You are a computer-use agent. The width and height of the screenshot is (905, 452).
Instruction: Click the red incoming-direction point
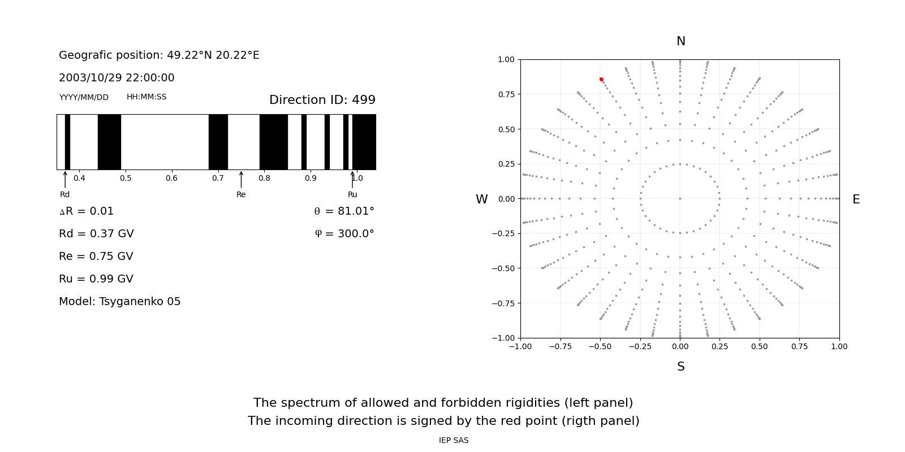[x=601, y=80]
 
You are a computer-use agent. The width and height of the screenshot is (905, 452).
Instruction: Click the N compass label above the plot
[x=681, y=41]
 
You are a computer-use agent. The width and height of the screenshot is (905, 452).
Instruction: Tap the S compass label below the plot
[x=681, y=367]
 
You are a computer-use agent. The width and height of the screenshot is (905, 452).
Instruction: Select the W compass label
[x=481, y=199]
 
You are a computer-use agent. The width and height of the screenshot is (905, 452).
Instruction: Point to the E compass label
[x=856, y=199]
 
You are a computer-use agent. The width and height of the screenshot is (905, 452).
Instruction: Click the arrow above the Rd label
[x=65, y=180]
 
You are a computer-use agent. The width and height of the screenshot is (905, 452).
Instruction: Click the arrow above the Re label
[x=241, y=180]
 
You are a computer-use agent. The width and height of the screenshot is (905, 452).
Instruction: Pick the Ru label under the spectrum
[x=352, y=194]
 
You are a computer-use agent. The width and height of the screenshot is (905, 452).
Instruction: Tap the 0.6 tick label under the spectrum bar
[x=172, y=178]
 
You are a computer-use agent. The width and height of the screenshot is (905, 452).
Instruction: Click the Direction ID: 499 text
[x=322, y=99]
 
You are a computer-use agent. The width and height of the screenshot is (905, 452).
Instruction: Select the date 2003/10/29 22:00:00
[x=117, y=77]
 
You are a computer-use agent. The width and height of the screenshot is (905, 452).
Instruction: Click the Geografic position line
[x=159, y=55]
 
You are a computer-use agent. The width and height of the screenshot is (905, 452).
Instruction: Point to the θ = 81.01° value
[x=344, y=211]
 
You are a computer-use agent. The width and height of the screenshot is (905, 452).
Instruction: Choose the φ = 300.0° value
[x=344, y=234]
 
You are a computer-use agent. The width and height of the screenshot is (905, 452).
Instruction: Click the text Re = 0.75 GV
[x=96, y=257]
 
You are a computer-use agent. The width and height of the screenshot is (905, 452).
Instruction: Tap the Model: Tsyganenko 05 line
[x=119, y=302]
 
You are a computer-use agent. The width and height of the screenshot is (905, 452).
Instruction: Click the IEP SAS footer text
[x=454, y=440]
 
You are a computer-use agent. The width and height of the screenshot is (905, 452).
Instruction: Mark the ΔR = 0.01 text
[x=87, y=211]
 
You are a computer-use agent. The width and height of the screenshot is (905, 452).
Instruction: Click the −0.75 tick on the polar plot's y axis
[x=503, y=303]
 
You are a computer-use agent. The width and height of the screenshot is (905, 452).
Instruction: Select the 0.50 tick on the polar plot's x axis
[x=760, y=346]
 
